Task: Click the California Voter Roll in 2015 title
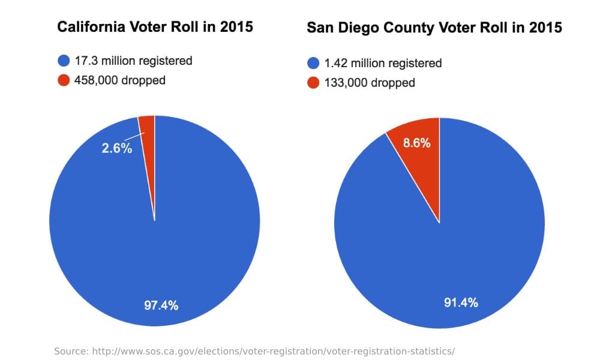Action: click(x=155, y=27)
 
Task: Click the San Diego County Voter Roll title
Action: click(x=434, y=28)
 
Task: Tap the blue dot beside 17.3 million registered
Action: click(x=64, y=61)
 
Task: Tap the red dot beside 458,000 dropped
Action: click(x=64, y=80)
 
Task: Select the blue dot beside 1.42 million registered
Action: click(x=313, y=63)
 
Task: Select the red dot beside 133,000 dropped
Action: click(x=313, y=83)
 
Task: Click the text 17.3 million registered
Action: click(x=133, y=61)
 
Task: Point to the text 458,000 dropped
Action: click(x=120, y=80)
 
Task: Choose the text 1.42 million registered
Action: click(x=383, y=63)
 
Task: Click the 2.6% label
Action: click(x=116, y=148)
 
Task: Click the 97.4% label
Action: click(x=161, y=305)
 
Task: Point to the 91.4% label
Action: click(x=461, y=302)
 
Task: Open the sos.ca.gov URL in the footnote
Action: click(x=273, y=351)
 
